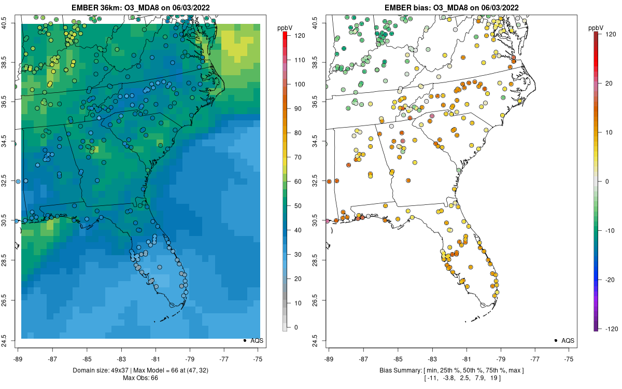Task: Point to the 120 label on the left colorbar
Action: (x=298, y=35)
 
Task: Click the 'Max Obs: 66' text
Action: (x=140, y=378)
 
